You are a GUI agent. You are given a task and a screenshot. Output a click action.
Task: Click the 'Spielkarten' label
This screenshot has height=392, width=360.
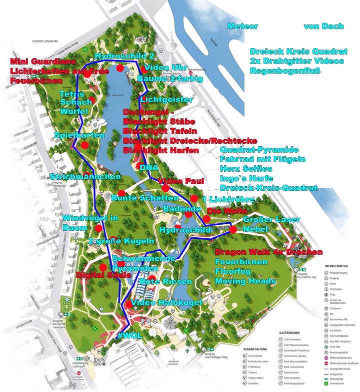79,136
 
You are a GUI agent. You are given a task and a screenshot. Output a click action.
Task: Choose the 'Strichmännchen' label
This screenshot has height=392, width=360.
85,177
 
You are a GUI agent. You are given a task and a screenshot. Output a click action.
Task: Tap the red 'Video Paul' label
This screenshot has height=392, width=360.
181,181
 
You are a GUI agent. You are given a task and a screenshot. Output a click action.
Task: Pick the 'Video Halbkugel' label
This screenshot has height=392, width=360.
166,302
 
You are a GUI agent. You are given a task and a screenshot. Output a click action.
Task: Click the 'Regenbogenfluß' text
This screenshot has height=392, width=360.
290,71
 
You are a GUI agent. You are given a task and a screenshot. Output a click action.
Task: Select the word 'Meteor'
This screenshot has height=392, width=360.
242,26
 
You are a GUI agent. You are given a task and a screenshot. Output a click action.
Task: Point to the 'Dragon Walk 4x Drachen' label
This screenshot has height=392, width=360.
268,251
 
